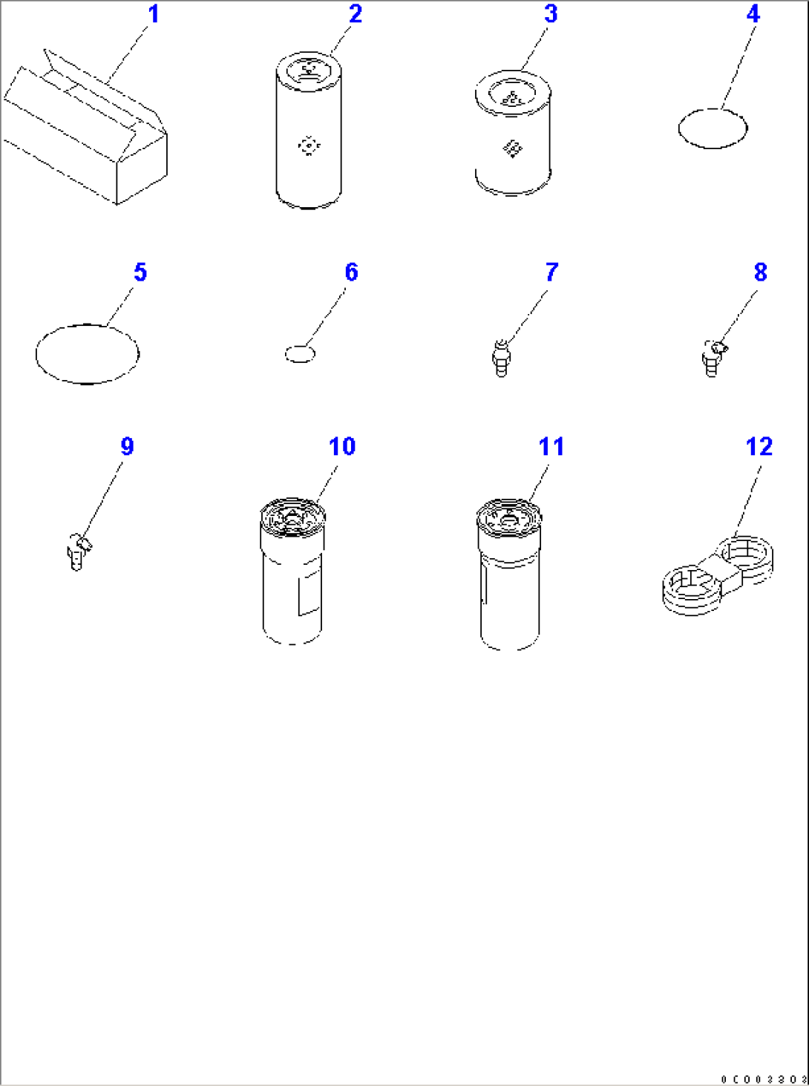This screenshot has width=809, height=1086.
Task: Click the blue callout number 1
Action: [x=154, y=14]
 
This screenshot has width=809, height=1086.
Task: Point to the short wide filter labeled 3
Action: [x=513, y=134]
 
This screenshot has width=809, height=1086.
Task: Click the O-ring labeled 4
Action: [x=713, y=128]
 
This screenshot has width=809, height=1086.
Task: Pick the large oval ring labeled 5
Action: [x=88, y=354]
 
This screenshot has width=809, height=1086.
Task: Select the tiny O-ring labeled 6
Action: [x=300, y=354]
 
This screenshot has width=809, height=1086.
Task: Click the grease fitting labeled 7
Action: [x=502, y=357]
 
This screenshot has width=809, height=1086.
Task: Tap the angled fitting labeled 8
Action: [x=712, y=357]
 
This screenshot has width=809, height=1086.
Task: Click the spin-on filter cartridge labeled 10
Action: [x=292, y=572]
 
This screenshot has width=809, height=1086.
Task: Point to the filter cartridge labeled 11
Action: [x=509, y=575]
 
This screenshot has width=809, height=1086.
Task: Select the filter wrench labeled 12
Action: [x=717, y=575]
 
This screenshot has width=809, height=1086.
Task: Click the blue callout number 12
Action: [x=759, y=447]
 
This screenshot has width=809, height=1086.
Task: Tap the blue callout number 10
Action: [x=342, y=447]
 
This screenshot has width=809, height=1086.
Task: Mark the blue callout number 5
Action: [x=140, y=272]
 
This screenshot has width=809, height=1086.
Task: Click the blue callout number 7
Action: [x=551, y=272]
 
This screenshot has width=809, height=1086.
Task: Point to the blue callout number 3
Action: [x=551, y=14]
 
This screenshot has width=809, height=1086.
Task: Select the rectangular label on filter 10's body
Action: [x=309, y=594]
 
